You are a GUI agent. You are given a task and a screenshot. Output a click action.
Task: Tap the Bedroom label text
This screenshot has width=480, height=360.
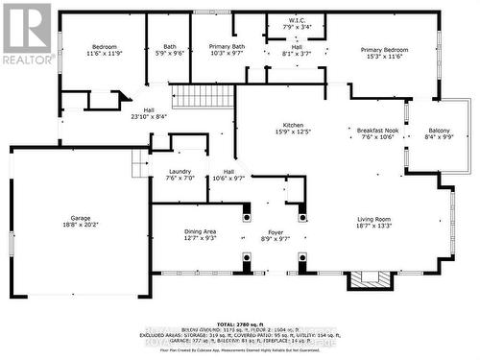(x=104, y=47)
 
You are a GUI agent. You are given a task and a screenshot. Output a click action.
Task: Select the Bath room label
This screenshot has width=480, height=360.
(x=169, y=47)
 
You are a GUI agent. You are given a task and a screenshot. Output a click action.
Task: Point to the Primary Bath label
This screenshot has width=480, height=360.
(x=227, y=47)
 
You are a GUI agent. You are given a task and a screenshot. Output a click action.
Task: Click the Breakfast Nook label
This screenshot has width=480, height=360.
(x=375, y=130)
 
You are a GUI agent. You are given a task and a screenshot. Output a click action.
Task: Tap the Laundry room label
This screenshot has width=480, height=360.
(x=180, y=170)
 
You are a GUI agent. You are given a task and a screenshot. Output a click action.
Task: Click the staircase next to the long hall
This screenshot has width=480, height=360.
(x=201, y=96)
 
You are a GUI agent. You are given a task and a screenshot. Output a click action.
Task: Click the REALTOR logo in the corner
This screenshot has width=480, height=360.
(x=26, y=34)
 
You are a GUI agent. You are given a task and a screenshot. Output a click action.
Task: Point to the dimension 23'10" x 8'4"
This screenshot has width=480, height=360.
(x=149, y=117)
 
